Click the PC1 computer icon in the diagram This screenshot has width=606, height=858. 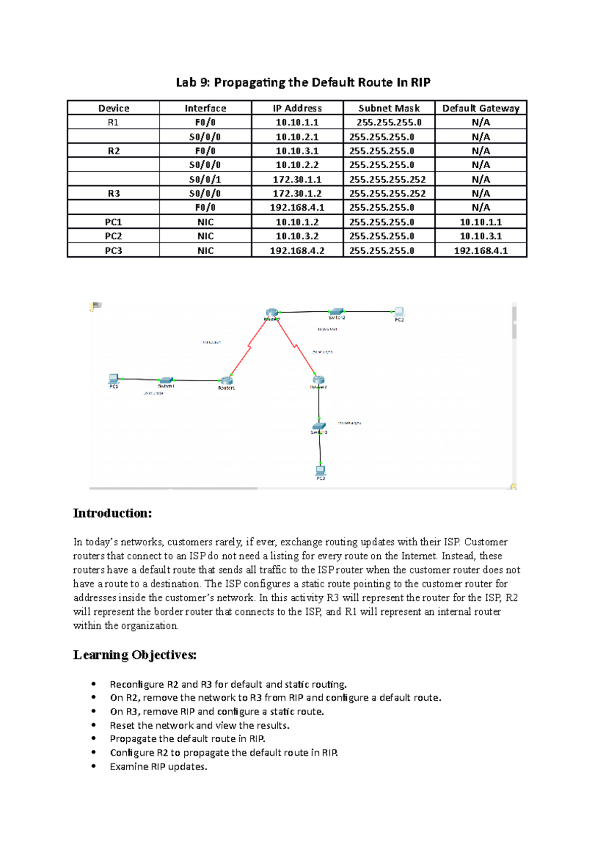click(x=114, y=378)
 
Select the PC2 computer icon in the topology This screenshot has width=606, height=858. click(x=399, y=312)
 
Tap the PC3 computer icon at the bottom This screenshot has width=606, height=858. click(x=320, y=470)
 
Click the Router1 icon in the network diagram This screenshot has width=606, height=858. click(x=226, y=380)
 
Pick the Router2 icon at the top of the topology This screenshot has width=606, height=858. click(x=272, y=313)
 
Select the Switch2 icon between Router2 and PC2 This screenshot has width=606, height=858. click(x=336, y=312)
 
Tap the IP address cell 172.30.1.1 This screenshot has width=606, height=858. click(x=297, y=179)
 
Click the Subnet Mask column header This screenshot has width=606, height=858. click(x=389, y=108)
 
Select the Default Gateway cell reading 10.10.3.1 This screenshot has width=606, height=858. click(x=481, y=236)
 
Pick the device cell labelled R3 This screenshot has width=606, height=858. click(x=114, y=194)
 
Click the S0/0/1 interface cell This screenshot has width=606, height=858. click(x=205, y=179)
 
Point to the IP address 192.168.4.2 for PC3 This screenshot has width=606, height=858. click(x=297, y=251)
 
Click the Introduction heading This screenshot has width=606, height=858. click(x=112, y=513)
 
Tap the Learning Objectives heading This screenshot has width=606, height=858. click(x=134, y=655)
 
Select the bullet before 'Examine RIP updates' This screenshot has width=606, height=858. click(x=94, y=766)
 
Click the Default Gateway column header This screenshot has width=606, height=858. click(x=481, y=108)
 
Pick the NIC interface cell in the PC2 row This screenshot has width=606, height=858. click(x=205, y=236)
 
